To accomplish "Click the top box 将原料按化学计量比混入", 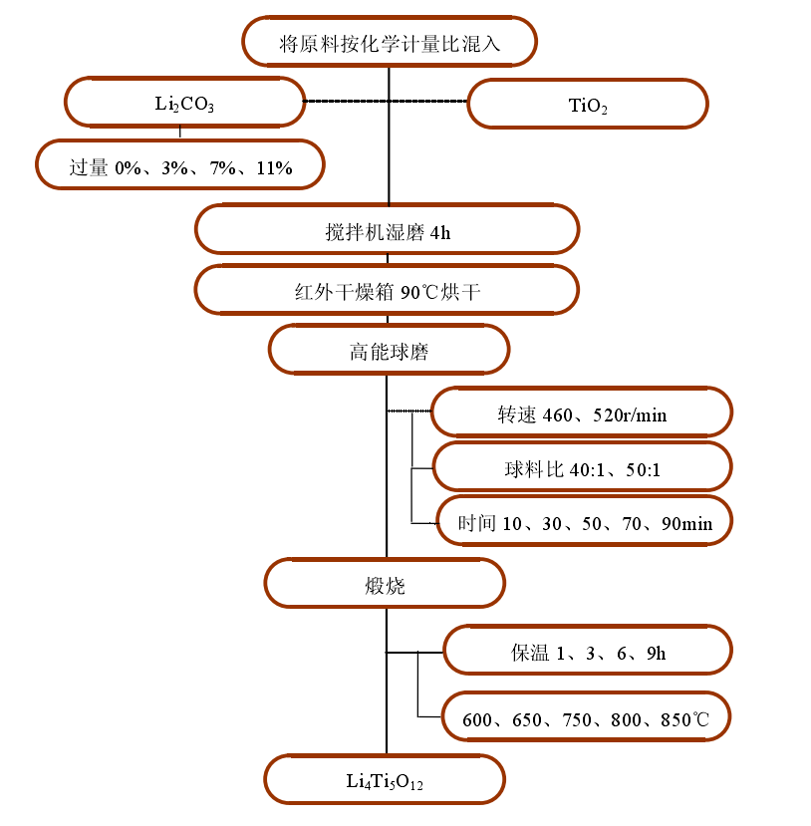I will [x=389, y=43].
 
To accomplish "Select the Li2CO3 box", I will [x=184, y=104].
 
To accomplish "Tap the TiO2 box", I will [x=588, y=105].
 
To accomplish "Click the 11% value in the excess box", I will [x=273, y=167].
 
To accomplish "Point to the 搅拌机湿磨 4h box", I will [x=388, y=230].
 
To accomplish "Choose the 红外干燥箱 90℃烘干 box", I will [x=388, y=292].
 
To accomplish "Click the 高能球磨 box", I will [x=389, y=351].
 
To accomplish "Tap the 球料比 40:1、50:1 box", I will [x=582, y=468].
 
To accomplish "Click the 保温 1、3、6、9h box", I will [x=588, y=653].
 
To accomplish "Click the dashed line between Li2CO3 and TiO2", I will [x=385, y=102].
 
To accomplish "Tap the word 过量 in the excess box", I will [x=88, y=167].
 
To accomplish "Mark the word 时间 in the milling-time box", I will [x=476, y=523].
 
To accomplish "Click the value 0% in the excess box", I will [x=128, y=167].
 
